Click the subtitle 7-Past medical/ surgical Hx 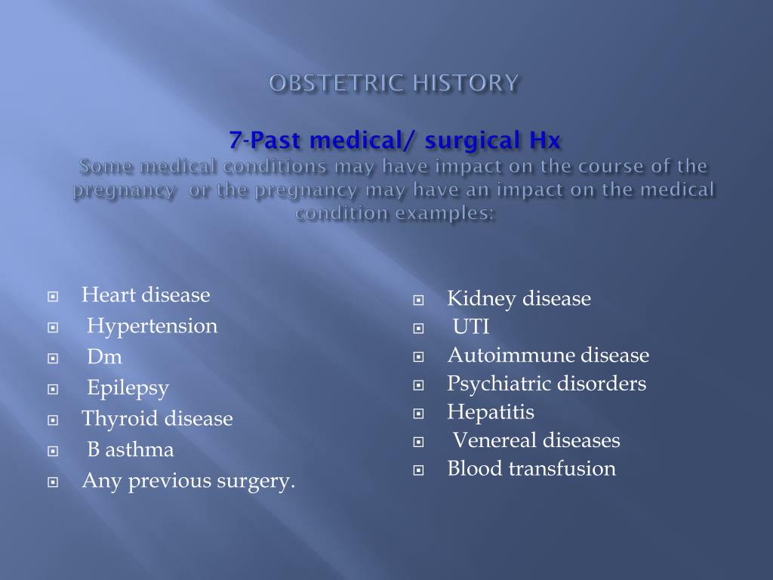click(396, 140)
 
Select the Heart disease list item click(146, 295)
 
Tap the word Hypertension click(152, 326)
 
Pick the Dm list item click(104, 357)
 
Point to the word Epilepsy click(128, 388)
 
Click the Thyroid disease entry click(157, 419)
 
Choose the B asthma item click(131, 450)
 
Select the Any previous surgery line click(188, 481)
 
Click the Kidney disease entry click(519, 299)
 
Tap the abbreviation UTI click(471, 327)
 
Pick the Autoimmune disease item click(548, 356)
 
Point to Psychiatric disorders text click(547, 384)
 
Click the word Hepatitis click(490, 412)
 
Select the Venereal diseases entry click(536, 440)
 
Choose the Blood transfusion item click(531, 469)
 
